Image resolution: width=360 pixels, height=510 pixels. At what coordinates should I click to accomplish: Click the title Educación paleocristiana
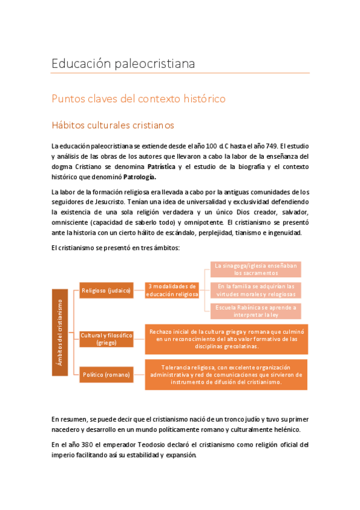pyautogui.click(x=123, y=63)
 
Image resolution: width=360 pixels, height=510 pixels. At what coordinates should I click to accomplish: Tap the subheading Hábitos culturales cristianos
pyautogui.click(x=112, y=126)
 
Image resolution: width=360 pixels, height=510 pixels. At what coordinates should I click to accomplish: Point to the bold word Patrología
pyautogui.click(x=139, y=177)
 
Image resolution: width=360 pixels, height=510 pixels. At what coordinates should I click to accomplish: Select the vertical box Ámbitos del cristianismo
pyautogui.click(x=59, y=332)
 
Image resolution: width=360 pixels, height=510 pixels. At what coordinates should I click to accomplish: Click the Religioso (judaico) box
pyautogui.click(x=106, y=291)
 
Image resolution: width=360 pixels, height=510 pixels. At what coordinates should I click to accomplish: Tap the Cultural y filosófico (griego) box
pyautogui.click(x=106, y=339)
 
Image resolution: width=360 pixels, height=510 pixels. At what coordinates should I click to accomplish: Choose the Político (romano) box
pyautogui.click(x=106, y=375)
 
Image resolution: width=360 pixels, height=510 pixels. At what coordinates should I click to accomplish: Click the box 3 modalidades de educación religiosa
pyautogui.click(x=172, y=290)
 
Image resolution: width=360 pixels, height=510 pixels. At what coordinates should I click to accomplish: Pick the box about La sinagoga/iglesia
pyautogui.click(x=256, y=269)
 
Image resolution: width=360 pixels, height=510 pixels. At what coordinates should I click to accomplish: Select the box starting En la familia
pyautogui.click(x=256, y=290)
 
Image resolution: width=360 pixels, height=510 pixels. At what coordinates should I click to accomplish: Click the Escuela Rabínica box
pyautogui.click(x=256, y=311)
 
